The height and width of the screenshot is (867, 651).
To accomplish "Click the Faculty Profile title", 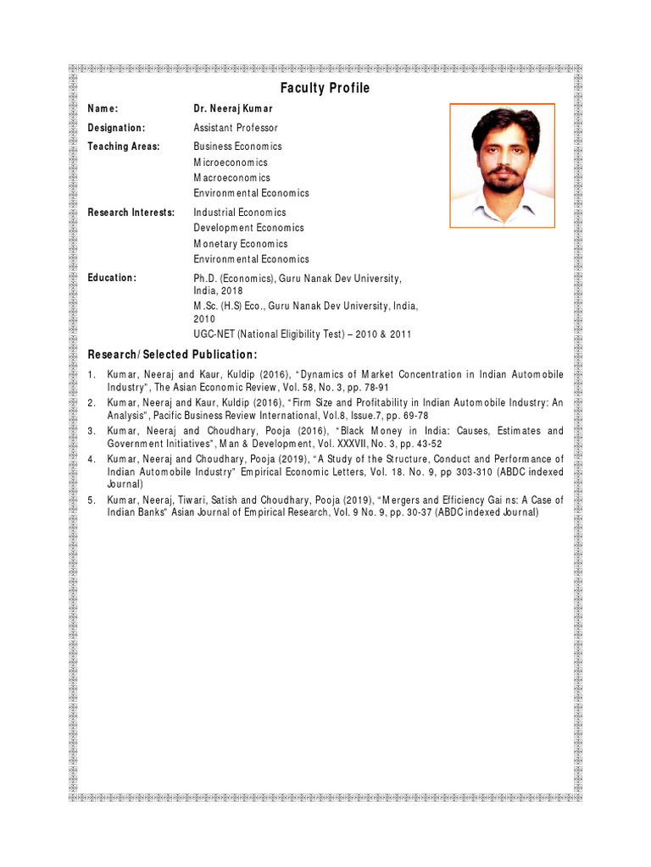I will (x=325, y=88).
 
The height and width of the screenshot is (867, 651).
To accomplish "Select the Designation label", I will (x=117, y=128).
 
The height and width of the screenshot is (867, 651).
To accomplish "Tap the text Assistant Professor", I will (x=236, y=128).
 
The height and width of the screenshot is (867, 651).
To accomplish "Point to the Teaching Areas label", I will (x=124, y=146).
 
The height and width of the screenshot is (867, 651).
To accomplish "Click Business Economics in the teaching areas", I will (x=237, y=146).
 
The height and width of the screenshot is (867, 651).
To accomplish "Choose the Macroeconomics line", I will (x=231, y=178).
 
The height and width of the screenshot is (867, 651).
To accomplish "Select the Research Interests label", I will (x=131, y=213).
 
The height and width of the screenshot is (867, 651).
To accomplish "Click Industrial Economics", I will (x=240, y=213).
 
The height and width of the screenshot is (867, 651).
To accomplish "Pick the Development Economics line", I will (x=248, y=228).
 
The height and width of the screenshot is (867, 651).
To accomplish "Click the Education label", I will (x=112, y=278).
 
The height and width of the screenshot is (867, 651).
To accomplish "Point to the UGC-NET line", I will (x=303, y=334).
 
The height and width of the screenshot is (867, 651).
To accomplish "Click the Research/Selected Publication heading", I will (x=172, y=354).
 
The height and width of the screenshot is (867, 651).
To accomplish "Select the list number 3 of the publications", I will (x=92, y=431).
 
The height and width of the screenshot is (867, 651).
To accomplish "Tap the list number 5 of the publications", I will (x=92, y=500).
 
